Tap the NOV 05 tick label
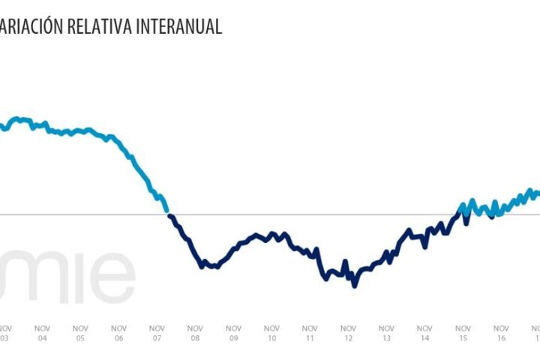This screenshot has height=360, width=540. [80, 333]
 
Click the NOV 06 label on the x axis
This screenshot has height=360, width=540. [118, 333]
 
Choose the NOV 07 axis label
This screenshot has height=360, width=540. [157, 333]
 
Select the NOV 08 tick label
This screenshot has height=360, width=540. [195, 333]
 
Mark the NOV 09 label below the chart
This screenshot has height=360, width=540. [233, 333]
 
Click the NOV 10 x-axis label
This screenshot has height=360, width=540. [271, 333]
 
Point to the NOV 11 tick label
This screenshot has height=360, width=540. [310, 333]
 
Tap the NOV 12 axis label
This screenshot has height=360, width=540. [348, 333]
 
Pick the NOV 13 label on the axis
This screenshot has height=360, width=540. [386, 333]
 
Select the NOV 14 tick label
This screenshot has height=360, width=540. [424, 333]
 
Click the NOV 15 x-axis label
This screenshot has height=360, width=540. [463, 333]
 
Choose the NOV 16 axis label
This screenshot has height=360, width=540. [501, 333]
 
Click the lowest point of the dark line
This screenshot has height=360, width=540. [354, 286]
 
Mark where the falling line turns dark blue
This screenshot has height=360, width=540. [168, 214]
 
